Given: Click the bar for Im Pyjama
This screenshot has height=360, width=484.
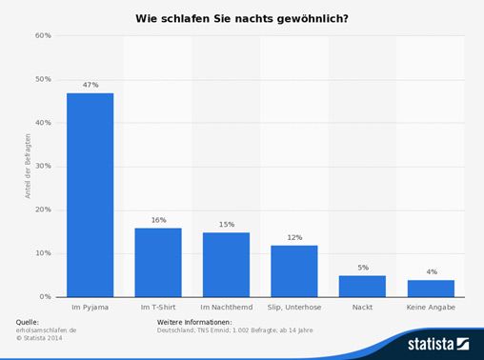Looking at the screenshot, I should (x=90, y=195).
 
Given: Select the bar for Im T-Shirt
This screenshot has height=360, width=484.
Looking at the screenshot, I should (x=158, y=262).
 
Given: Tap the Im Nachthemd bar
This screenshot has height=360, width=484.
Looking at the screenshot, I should (x=226, y=265).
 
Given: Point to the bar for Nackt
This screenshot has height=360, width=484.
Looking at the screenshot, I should (x=362, y=286).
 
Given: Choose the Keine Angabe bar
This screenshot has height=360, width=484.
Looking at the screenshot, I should (x=431, y=289).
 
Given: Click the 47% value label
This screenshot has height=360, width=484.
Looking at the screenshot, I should (x=90, y=85).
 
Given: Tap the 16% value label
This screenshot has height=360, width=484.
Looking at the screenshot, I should (x=158, y=220).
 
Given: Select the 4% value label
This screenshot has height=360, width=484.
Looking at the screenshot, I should (x=431, y=271).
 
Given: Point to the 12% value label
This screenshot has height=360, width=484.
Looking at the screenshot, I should (x=294, y=237).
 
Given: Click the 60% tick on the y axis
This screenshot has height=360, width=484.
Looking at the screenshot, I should (x=43, y=36).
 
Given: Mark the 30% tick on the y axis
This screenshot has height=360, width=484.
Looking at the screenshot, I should (x=43, y=167).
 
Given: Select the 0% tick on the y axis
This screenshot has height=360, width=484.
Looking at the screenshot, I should (x=46, y=297).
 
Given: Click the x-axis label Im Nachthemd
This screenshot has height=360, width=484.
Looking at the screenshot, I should (x=226, y=308).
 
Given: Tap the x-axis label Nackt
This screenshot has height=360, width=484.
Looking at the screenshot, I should (x=362, y=308).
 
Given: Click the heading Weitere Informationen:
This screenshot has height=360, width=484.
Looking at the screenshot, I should (x=194, y=323).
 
